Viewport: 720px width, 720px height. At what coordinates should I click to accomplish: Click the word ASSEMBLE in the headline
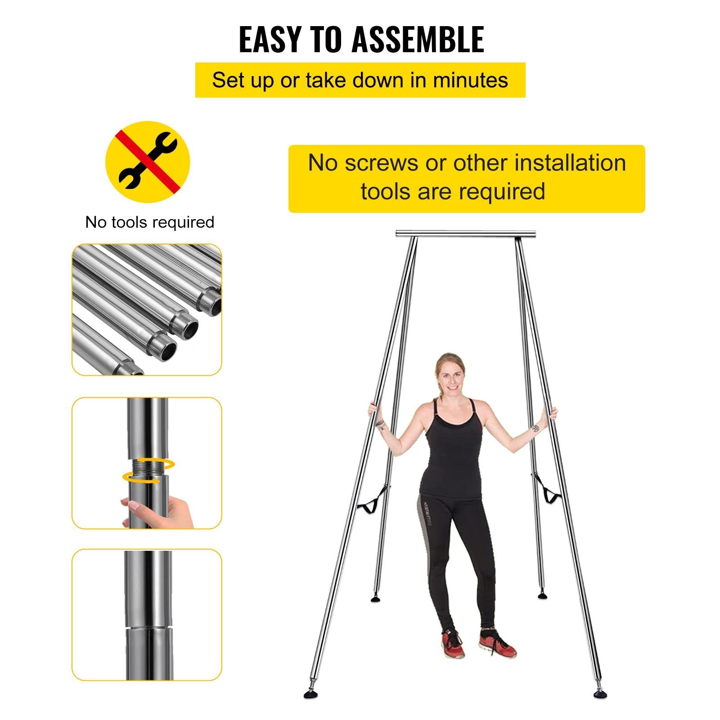[417, 39]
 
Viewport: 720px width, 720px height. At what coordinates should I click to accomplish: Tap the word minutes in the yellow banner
[470, 80]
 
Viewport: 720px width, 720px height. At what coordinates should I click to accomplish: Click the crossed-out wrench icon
[148, 161]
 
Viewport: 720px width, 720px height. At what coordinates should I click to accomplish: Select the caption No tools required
[150, 222]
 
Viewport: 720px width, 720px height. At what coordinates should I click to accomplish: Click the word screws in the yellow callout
[382, 163]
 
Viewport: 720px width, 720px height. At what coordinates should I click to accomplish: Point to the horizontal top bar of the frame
[466, 234]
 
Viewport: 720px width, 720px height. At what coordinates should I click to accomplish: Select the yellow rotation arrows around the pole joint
[148, 471]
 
